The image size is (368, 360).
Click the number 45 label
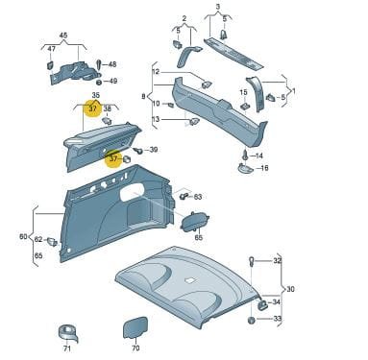click(x=63, y=36)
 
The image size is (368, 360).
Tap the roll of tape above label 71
click(x=68, y=333)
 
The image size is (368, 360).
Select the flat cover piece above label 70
click(x=135, y=327)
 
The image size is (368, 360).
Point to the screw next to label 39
click(x=138, y=151)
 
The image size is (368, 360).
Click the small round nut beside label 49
click(x=99, y=83)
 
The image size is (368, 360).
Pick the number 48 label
click(x=112, y=64)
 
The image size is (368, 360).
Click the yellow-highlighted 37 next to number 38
click(x=93, y=108)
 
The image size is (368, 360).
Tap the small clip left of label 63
click(x=184, y=196)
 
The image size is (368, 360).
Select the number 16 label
click(x=264, y=168)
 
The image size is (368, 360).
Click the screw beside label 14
click(x=245, y=156)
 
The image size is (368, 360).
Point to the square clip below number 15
click(x=245, y=106)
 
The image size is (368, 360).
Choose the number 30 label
click(x=290, y=289)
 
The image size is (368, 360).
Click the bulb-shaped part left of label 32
click(x=253, y=261)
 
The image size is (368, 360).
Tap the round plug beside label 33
click(x=252, y=320)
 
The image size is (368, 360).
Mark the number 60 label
click(x=23, y=237)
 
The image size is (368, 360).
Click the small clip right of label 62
click(x=52, y=242)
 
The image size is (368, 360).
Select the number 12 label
click(x=156, y=72)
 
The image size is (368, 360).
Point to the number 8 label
click(x=143, y=96)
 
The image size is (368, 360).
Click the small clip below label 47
click(x=50, y=65)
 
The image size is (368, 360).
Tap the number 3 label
click(x=218, y=7)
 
